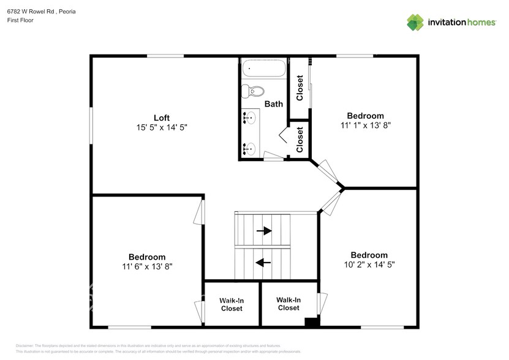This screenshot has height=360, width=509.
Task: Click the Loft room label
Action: pos(162,118)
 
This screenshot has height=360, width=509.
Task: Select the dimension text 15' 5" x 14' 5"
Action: pos(162,128)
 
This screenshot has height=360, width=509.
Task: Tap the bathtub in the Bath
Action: pos(263,68)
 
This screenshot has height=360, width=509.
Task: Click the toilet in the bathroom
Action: pos(252,92)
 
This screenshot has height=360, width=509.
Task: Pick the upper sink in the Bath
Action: pos(249,117)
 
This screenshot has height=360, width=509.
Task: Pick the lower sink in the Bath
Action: pos(249,148)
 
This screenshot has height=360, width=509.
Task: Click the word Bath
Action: pos(273,104)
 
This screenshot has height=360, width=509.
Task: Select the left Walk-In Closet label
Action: pos(232,304)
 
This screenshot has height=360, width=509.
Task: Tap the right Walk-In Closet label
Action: pos(288,304)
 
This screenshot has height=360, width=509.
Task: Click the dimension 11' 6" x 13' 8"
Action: pos(146,267)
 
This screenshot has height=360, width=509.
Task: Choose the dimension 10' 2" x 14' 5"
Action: pos(369,265)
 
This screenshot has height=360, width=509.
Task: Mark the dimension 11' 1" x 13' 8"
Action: pos(365,126)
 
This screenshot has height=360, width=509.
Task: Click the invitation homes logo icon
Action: pos(416,22)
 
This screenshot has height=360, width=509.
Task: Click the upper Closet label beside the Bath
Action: pos(300,88)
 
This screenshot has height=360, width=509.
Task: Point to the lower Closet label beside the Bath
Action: pos(300,140)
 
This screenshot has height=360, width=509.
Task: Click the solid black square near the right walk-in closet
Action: pos(312,322)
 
